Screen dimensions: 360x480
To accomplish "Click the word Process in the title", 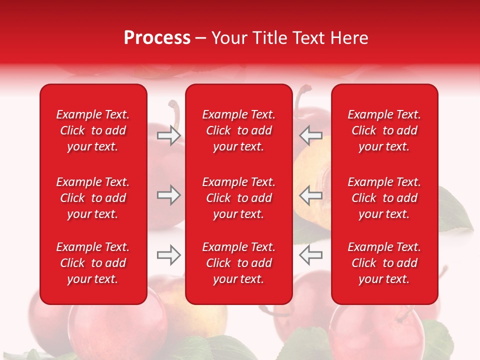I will [x=157, y=38].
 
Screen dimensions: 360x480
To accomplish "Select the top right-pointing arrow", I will [x=168, y=135].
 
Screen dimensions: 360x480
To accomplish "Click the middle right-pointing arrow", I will [x=168, y=195].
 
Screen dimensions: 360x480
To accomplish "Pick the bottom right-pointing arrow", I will [x=168, y=254].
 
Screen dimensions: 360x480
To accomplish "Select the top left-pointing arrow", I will [x=310, y=135].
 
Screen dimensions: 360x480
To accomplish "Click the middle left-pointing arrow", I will [x=310, y=195].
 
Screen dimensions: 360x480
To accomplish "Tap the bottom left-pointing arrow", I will [x=310, y=254].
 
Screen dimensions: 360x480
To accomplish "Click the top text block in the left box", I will [x=93, y=130].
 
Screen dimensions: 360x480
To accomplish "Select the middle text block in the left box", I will [x=93, y=198].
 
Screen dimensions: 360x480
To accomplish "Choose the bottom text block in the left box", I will [x=93, y=263].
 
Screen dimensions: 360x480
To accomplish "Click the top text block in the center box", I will [x=238, y=130].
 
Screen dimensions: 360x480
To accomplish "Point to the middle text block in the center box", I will [x=238, y=198].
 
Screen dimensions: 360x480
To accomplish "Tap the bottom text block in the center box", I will [x=238, y=263].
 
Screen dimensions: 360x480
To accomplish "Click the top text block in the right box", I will [x=384, y=130].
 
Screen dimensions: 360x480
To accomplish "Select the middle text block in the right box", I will [x=384, y=198].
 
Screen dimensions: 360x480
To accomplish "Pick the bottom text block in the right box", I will [x=384, y=263].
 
